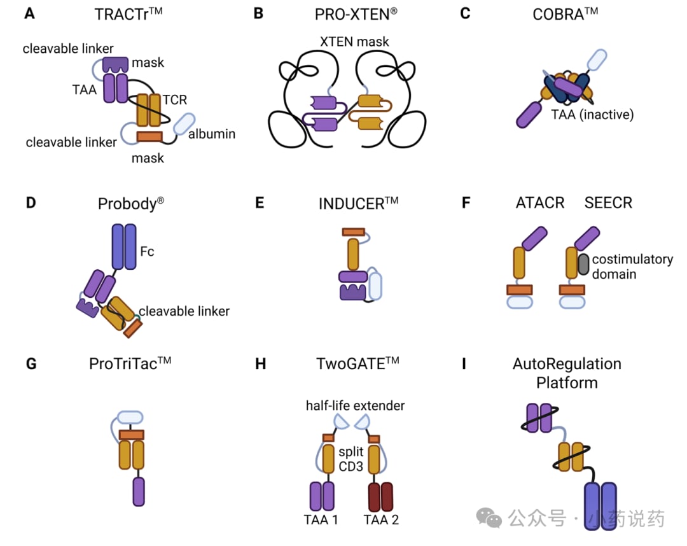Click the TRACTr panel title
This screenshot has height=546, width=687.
click(x=128, y=14)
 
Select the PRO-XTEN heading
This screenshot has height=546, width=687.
click(x=356, y=14)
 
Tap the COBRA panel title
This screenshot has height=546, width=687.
click(x=566, y=14)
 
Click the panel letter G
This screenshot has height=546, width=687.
click(x=31, y=364)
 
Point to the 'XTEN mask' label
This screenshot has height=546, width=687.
click(x=354, y=41)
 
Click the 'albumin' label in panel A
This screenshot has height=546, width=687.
click(x=212, y=134)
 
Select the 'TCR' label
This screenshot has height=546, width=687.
click(x=175, y=100)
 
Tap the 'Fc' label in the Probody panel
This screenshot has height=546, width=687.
click(x=147, y=251)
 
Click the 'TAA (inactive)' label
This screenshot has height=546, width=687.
click(x=592, y=115)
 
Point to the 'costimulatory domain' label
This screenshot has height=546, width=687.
click(x=632, y=267)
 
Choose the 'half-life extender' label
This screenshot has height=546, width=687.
click(x=355, y=405)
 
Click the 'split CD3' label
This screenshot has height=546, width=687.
click(x=351, y=459)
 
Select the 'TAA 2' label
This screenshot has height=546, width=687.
click(x=381, y=520)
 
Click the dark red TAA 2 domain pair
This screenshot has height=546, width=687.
click(x=381, y=497)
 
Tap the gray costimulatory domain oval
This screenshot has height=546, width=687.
click(x=583, y=264)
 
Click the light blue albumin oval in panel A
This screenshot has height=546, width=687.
click(x=184, y=123)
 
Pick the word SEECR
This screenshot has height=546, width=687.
click(x=608, y=203)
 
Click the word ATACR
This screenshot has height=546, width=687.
click(x=540, y=203)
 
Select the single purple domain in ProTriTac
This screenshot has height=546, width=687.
click(x=139, y=492)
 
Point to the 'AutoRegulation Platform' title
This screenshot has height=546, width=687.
click(x=567, y=373)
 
